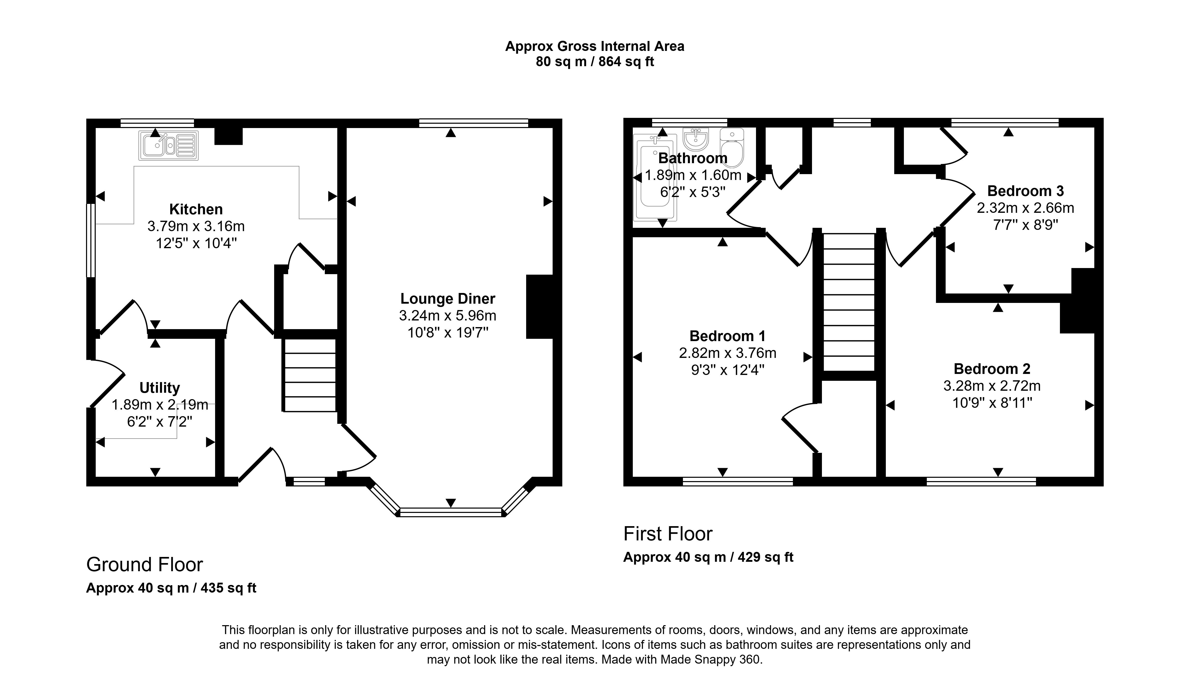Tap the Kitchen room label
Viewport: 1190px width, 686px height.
tap(196, 209)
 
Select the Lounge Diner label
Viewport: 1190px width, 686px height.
tap(447, 299)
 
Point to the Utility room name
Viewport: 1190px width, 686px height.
tap(160, 388)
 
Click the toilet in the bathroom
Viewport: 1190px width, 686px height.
tap(732, 147)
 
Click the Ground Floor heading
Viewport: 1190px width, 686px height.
tap(145, 564)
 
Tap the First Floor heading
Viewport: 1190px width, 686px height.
tap(668, 534)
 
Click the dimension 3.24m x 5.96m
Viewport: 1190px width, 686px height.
tap(447, 316)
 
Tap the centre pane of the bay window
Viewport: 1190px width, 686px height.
tap(451, 512)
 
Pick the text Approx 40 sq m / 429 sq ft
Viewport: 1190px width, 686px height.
tap(708, 557)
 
